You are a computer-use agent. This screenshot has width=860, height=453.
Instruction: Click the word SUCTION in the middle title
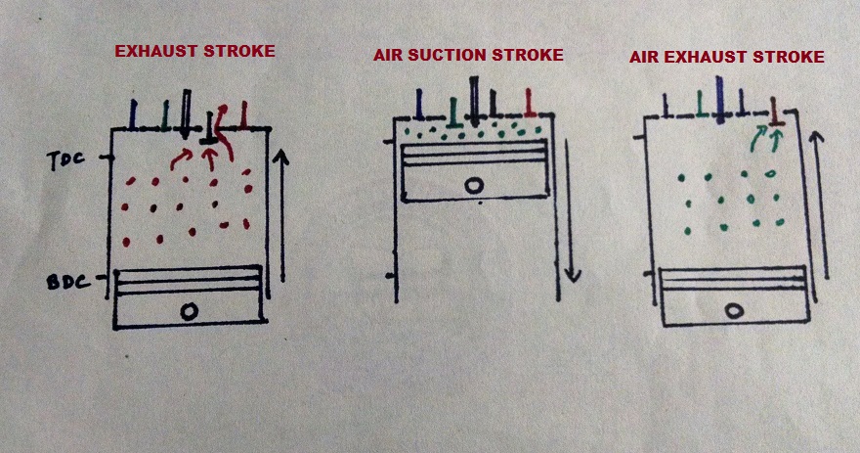point(460,55)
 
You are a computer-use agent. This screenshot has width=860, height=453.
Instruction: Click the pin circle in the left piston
point(190,310)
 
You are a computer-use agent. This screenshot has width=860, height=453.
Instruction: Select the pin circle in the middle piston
point(475,185)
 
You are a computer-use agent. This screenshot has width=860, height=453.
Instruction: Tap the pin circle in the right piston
point(733,312)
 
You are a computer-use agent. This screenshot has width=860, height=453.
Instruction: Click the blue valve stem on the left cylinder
point(134,113)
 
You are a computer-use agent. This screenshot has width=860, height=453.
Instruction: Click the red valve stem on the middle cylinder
point(529,103)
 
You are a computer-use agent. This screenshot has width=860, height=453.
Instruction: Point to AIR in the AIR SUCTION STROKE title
point(388,55)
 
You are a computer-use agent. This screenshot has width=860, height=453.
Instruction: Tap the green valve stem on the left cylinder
point(165,114)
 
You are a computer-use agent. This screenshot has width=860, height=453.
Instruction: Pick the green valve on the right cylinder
point(701,102)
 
